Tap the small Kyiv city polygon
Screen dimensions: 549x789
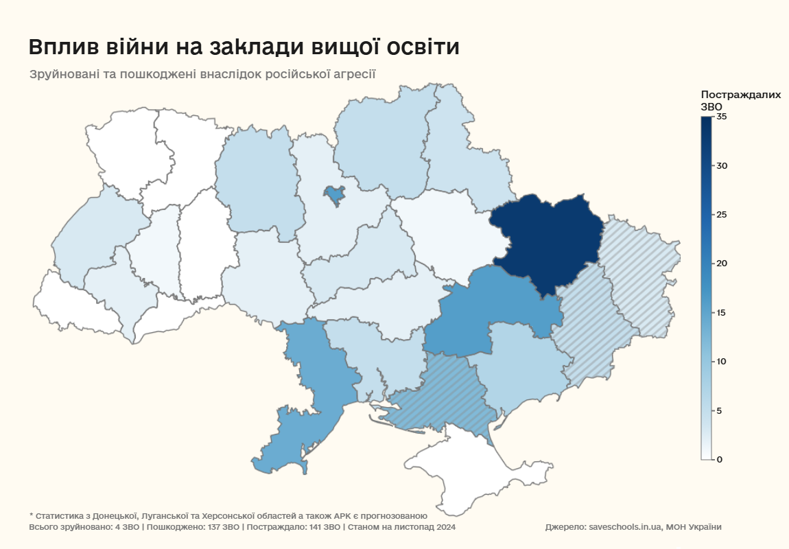click(334, 196)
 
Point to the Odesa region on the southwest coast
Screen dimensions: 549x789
click(309, 391)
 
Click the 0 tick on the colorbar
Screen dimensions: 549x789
click(720, 459)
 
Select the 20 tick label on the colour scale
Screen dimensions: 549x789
click(721, 264)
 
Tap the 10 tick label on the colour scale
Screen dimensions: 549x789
click(721, 362)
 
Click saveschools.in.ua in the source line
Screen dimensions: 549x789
click(625, 527)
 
